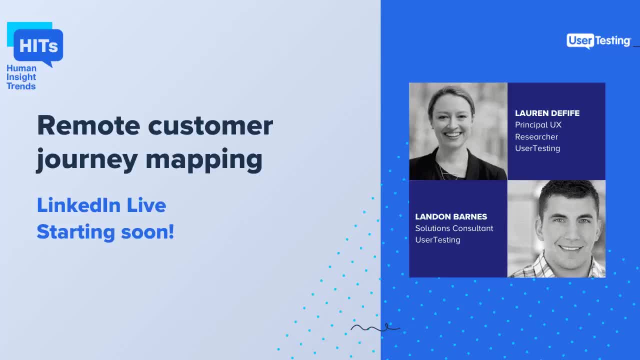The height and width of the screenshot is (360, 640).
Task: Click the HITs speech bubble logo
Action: [37, 46]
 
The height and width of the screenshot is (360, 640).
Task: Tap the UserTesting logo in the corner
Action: [598, 41]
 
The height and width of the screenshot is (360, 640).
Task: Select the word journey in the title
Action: [86, 160]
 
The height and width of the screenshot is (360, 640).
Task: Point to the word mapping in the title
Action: [204, 160]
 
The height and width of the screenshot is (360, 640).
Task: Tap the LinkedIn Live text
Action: [101, 205]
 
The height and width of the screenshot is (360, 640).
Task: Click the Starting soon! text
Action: [105, 232]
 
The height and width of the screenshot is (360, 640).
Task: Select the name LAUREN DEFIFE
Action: [547, 113]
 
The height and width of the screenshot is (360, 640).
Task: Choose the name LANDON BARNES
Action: [451, 217]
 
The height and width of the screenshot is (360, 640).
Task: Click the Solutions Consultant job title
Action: [454, 228]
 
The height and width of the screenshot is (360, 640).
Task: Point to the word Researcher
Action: [536, 137]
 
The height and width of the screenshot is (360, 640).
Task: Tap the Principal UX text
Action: [538, 125]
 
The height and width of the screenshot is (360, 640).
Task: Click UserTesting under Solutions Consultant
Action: [437, 240]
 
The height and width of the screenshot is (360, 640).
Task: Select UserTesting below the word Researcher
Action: [537, 148]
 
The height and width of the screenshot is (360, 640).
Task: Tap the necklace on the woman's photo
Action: [448, 172]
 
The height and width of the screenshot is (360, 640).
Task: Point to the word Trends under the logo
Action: [21, 86]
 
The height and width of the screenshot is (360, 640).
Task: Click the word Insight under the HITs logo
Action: [21, 77]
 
